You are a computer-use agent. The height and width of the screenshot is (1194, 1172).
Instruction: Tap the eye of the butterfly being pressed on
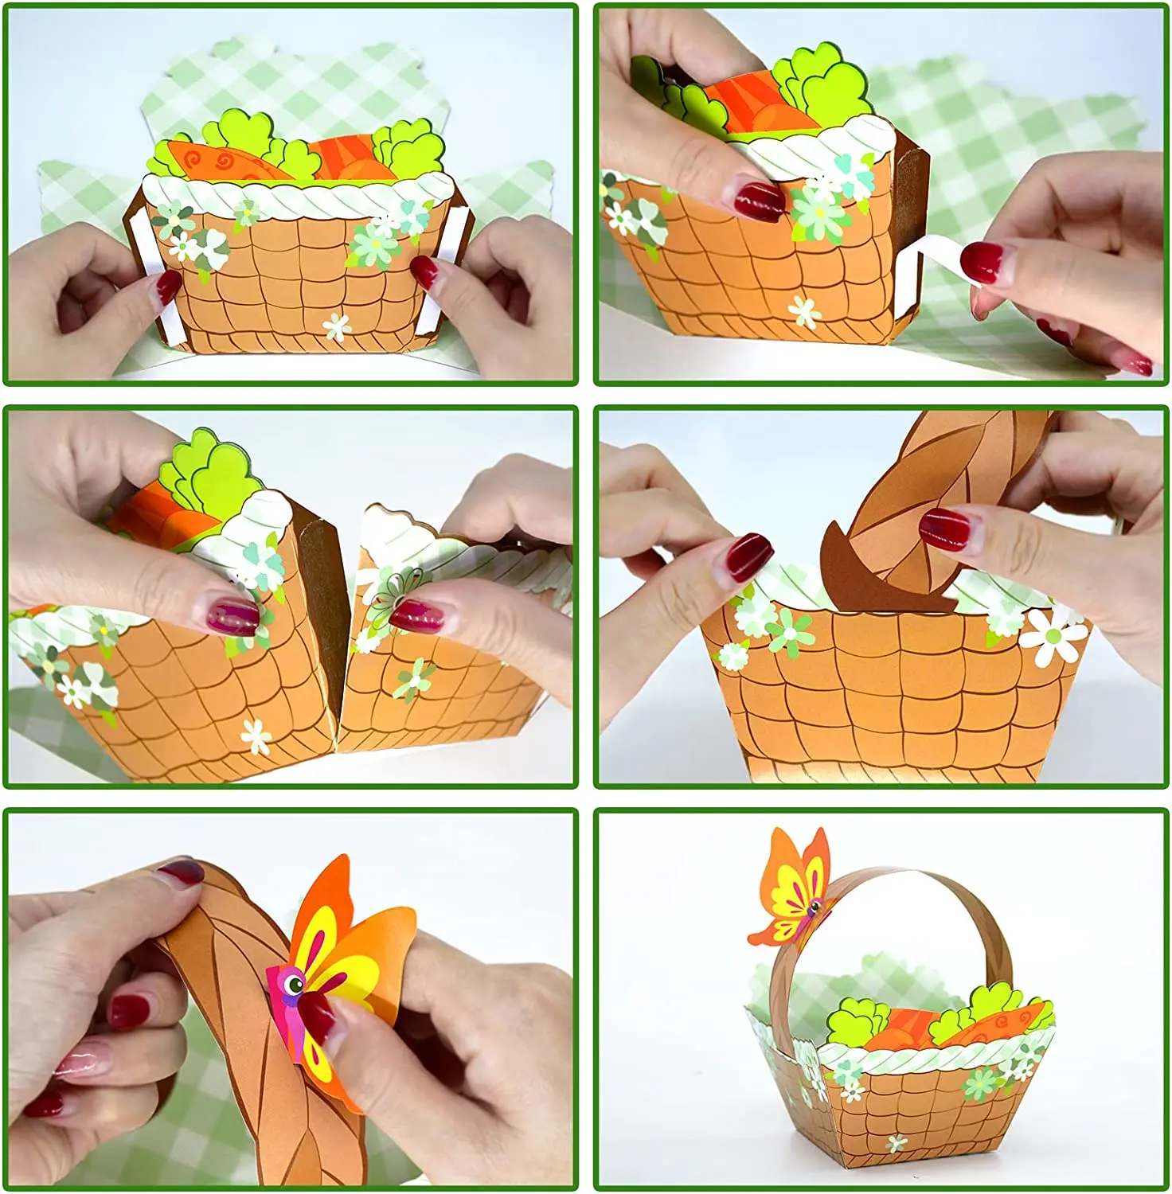(x=295, y=985)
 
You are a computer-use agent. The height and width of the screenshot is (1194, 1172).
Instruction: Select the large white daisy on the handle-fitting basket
(x=1053, y=634)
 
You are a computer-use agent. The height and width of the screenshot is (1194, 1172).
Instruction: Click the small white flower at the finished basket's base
(x=897, y=1144)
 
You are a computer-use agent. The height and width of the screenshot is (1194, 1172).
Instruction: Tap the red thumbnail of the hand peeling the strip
(x=982, y=263)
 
